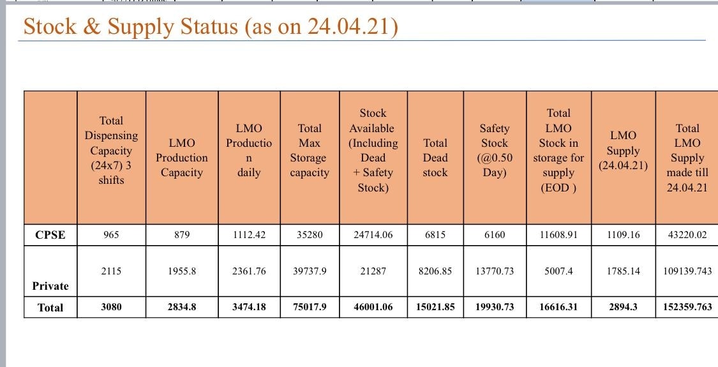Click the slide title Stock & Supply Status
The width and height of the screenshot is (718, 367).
pyautogui.click(x=211, y=27)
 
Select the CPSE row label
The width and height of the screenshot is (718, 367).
pyautogui.click(x=50, y=235)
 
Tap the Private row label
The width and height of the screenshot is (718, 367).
pyautogui.click(x=50, y=285)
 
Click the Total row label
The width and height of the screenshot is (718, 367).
pyautogui.click(x=50, y=308)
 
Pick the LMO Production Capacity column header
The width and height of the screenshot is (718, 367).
pyautogui.click(x=182, y=158)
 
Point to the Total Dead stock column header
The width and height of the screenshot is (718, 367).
pyautogui.click(x=435, y=158)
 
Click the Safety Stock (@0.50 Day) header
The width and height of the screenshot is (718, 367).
pyautogui.click(x=495, y=151)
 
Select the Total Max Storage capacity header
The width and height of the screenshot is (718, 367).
pyautogui.click(x=310, y=151)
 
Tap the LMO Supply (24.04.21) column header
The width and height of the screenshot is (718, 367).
pyautogui.click(x=623, y=151)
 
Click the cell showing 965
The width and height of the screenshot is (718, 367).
pyautogui.click(x=111, y=235)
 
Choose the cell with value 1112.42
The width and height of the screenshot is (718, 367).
pyautogui.click(x=249, y=235)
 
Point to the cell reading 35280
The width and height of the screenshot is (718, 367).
pyautogui.click(x=310, y=235)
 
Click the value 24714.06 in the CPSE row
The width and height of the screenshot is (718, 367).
pyautogui.click(x=373, y=235)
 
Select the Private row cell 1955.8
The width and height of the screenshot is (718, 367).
pyautogui.click(x=182, y=271)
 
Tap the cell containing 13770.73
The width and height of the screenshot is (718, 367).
pyautogui.click(x=495, y=271)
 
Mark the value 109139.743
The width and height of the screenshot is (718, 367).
pyautogui.click(x=687, y=271)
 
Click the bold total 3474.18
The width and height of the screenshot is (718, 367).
pyautogui.click(x=249, y=307)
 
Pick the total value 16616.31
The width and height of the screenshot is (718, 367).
pyautogui.click(x=558, y=307)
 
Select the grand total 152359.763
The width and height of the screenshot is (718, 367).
pyautogui.click(x=687, y=307)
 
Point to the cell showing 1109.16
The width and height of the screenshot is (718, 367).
pyautogui.click(x=623, y=235)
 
